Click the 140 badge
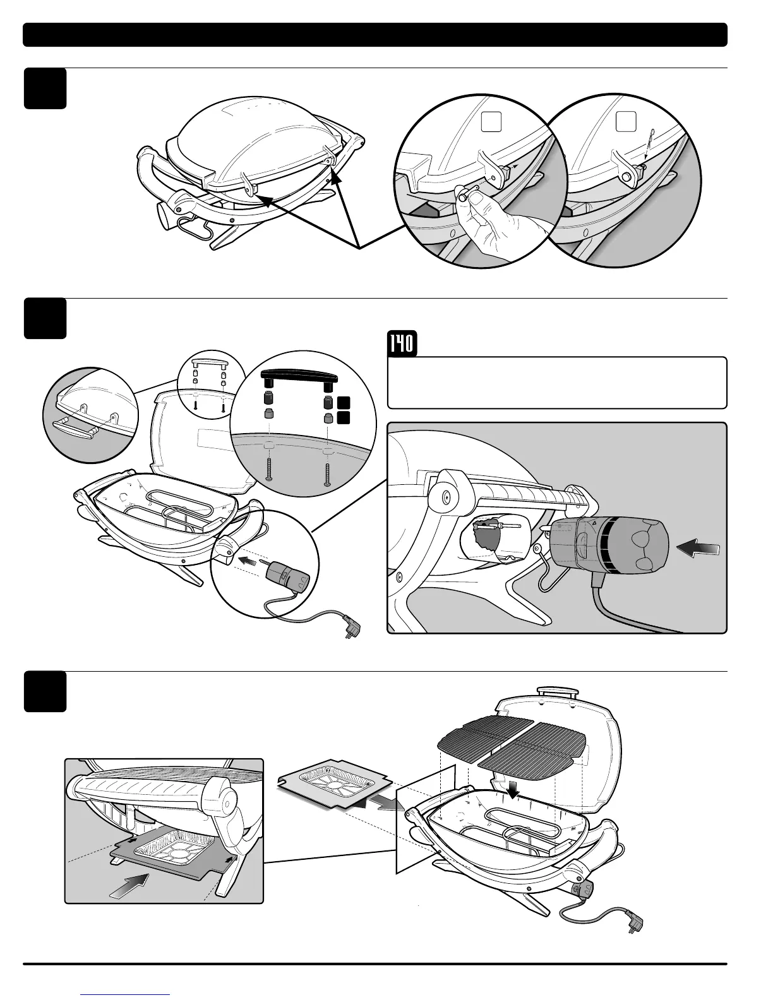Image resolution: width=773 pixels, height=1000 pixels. pyautogui.click(x=401, y=344)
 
